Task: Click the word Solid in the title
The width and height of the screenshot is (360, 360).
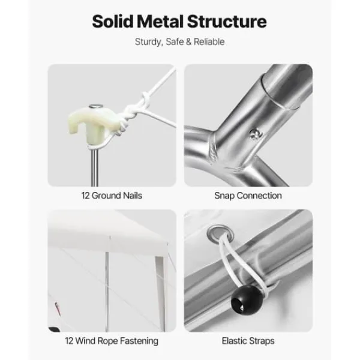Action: pos(113,22)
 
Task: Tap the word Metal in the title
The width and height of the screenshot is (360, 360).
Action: pos(160,22)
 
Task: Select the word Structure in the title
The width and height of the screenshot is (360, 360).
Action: pos(227,22)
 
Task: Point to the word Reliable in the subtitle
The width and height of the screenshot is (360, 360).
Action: pos(209,42)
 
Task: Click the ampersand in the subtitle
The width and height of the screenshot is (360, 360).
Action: pos(189,42)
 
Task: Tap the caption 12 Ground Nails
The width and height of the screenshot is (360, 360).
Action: pos(112,196)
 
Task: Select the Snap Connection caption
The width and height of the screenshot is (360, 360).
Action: pos(248,196)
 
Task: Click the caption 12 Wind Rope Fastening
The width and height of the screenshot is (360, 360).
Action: pos(112,341)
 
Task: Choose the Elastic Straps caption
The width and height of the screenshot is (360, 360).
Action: pos(248,341)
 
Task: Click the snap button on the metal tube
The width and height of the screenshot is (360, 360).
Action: pos(256,134)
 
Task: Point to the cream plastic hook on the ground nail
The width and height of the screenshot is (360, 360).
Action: pos(94,124)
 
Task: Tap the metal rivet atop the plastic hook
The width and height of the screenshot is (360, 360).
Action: pos(96,106)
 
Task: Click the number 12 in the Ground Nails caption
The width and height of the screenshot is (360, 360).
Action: pos(85,196)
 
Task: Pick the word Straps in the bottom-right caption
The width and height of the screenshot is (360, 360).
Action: pos(262,341)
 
